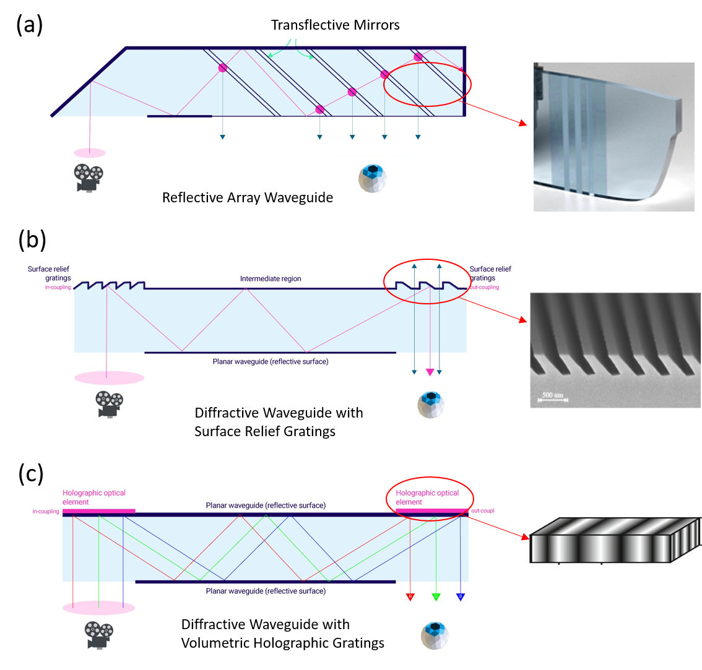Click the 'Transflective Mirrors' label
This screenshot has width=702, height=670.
point(335,25)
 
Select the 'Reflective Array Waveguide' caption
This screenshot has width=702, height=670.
point(248,198)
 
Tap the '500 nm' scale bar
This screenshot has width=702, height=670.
point(552,397)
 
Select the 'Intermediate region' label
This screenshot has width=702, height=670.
point(271,279)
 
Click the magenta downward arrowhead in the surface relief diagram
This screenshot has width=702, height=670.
point(430,372)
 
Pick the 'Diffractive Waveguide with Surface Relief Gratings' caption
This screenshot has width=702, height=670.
point(279,422)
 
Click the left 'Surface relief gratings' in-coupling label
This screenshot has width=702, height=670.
point(50,274)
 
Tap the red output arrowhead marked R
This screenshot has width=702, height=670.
point(410,597)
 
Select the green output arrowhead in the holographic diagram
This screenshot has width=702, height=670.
point(436,597)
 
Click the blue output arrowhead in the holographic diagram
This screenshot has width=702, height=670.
point(460,597)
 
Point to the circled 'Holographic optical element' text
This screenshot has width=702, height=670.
point(427,497)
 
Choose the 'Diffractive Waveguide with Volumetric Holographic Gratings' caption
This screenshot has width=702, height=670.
point(283,634)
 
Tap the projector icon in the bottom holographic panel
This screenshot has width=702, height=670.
point(99,635)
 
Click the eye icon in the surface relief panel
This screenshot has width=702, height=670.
point(431,404)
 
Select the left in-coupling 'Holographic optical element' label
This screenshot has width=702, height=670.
point(93,497)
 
